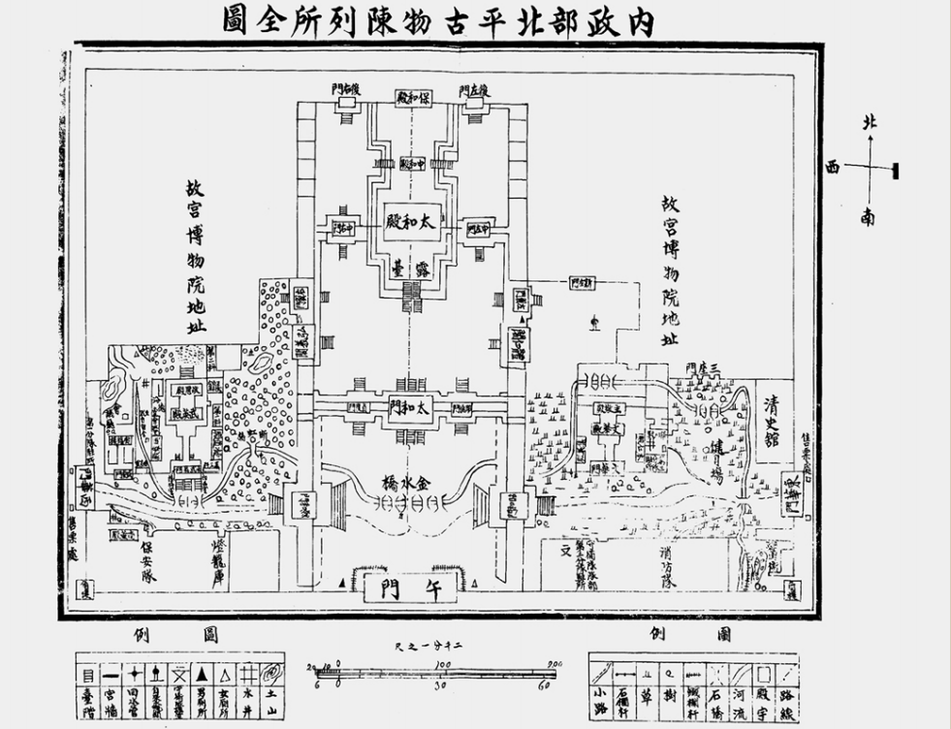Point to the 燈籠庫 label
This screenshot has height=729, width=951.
click(217, 559)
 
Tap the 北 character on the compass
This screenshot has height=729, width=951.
click(870, 123)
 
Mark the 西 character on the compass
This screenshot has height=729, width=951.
click(832, 168)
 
